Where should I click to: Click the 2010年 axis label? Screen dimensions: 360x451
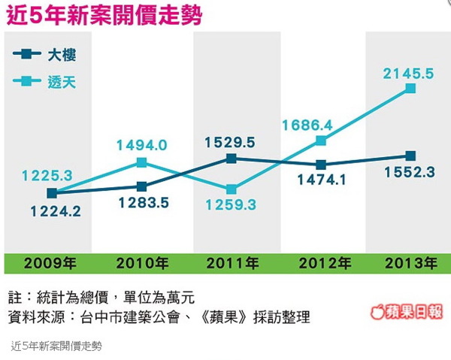[142, 264]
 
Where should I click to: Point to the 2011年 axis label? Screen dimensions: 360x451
[232, 264]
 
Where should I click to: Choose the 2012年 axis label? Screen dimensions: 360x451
[324, 264]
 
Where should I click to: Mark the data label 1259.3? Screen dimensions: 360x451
[231, 204]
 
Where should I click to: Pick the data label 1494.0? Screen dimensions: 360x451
[141, 145]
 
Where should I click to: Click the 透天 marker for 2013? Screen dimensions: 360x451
[410, 89]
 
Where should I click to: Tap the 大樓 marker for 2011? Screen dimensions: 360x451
[232, 159]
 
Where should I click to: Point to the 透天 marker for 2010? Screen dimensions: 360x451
[141, 162]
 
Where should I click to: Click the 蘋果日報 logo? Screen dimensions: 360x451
[407, 312]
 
